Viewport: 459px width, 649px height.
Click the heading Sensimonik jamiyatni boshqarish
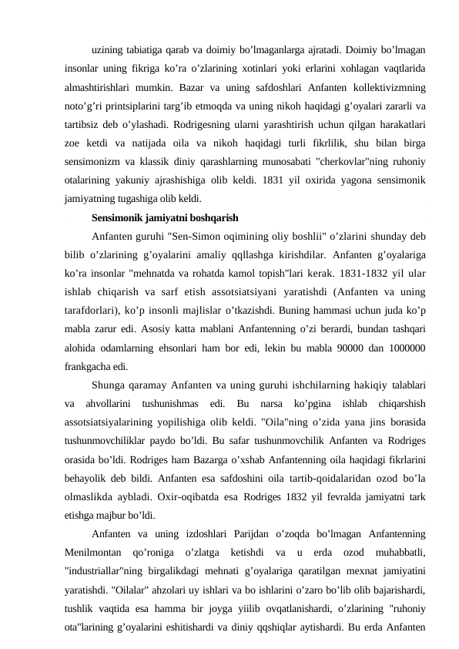(163, 216)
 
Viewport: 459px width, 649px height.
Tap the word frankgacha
(88, 366)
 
